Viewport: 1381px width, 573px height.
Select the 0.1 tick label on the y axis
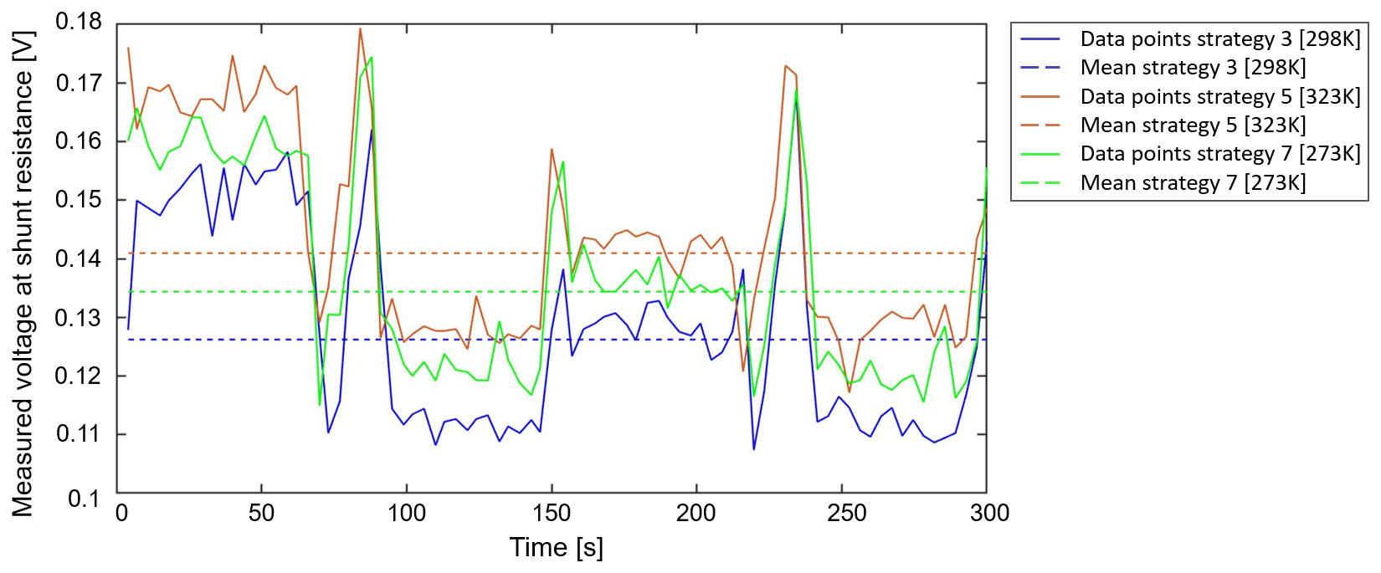click(84, 499)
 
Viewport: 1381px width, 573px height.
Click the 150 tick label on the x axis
click(552, 513)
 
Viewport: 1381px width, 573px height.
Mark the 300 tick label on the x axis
click(989, 513)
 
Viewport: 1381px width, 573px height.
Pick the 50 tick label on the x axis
click(261, 513)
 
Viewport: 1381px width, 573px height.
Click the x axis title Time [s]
click(557, 548)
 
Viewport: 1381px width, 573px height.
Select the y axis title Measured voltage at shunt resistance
click(23, 273)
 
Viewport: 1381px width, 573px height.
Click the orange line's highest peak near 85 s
click(360, 28)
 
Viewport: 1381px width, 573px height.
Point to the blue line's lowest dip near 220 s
click(753, 449)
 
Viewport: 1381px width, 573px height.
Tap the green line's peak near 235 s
click(796, 90)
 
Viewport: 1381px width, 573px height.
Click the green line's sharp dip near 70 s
click(320, 405)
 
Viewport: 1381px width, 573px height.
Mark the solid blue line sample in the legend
click(1040, 39)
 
